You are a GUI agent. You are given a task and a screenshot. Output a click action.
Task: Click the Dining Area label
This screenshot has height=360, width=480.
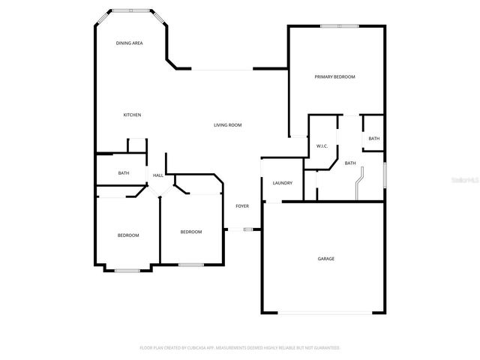coord(129,43)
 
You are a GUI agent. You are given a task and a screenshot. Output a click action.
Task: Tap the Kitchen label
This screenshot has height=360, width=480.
coord(132,115)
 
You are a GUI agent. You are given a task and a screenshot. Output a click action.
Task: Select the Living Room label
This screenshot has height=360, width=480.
coord(227,125)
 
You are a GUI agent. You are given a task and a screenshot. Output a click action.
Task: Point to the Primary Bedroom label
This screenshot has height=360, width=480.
coord(334,77)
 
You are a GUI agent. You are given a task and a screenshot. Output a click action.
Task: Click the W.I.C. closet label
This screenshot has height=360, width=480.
coord(322,146)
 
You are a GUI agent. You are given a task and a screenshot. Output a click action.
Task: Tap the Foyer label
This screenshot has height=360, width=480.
coord(242,205)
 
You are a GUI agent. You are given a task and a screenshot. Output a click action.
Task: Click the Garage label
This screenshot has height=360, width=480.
coord(325,259)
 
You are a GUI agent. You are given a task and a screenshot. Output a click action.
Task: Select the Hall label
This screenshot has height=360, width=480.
coord(158,175)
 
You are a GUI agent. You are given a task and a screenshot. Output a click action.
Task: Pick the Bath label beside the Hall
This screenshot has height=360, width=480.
coord(124,173)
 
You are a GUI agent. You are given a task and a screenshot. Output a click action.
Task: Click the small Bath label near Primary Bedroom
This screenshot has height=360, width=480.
coord(373,139)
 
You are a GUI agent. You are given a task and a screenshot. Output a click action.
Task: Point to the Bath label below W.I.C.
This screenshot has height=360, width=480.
coord(350,163)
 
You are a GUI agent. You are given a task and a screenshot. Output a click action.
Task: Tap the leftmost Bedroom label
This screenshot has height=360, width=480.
coord(128,235)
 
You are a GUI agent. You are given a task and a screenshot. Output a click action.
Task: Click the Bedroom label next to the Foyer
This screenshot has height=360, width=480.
coord(191,232)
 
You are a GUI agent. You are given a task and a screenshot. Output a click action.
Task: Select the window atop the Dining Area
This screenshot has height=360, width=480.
coord(131,10)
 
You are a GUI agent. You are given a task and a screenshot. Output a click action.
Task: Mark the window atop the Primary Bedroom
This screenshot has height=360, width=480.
coord(339,26)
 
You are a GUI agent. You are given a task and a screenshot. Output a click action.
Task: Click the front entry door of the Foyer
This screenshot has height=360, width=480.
coord(241,229)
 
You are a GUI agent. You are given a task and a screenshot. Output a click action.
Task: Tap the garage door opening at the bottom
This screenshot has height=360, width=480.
coord(325,313)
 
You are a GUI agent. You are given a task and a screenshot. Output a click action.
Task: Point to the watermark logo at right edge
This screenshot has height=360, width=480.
coord(469,180)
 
